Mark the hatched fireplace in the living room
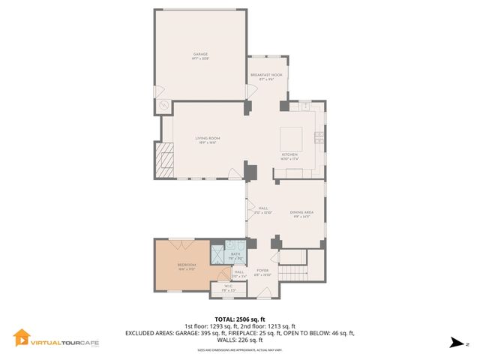pos(163,160)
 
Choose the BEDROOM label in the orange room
pos(187,265)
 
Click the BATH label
pos(235,254)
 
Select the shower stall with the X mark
pos(217,254)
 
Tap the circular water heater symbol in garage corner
pos(163,106)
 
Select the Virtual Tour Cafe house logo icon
pos(22,339)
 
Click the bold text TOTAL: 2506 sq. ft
pos(240,319)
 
